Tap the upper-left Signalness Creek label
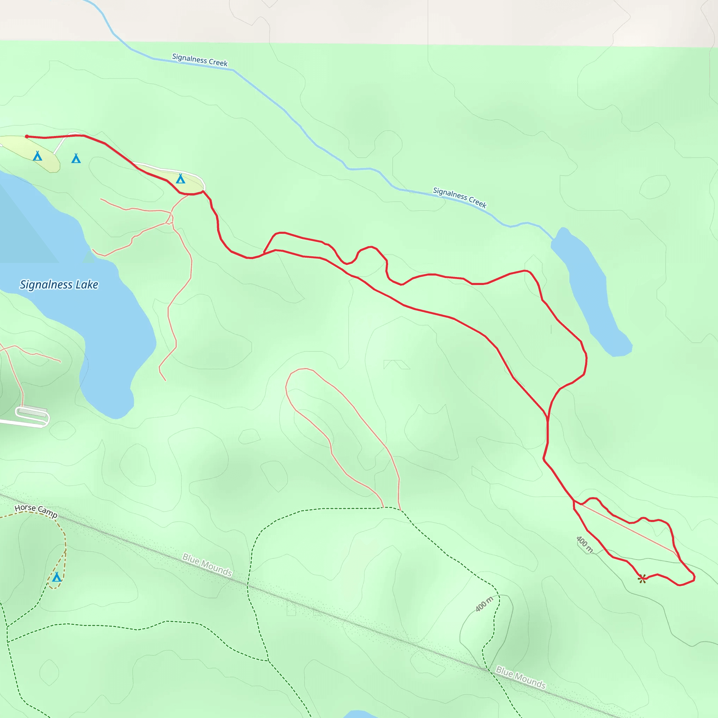coord(199,60)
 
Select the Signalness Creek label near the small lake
coord(460,197)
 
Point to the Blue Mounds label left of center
coord(207,565)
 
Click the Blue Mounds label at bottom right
coord(521,677)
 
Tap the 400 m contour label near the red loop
coord(584,544)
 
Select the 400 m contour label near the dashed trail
coord(484,604)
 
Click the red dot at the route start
coord(27,137)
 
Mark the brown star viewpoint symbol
coord(642,578)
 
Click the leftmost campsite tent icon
coord(37,156)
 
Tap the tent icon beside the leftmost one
coord(76,159)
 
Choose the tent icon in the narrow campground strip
coord(180,179)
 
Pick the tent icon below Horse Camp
coord(57,577)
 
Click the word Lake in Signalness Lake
coord(87,285)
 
